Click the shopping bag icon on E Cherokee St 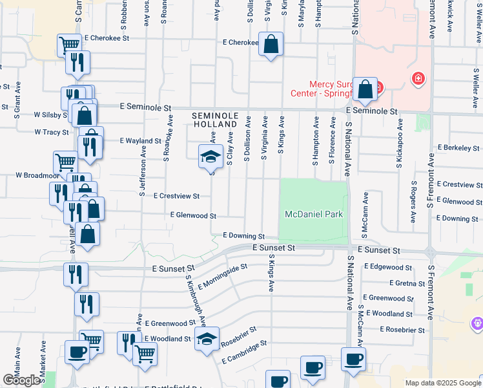pos(272,45)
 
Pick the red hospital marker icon pos(418,79)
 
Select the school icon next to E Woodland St pos(207,339)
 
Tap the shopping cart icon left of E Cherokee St pos(68,45)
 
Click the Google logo pos(23,380)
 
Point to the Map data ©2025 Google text pos(442,383)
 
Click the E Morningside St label pos(223,276)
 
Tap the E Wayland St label pos(140,140)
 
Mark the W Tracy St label pos(51,132)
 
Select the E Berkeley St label pos(459,147)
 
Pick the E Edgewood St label pos(388,266)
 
